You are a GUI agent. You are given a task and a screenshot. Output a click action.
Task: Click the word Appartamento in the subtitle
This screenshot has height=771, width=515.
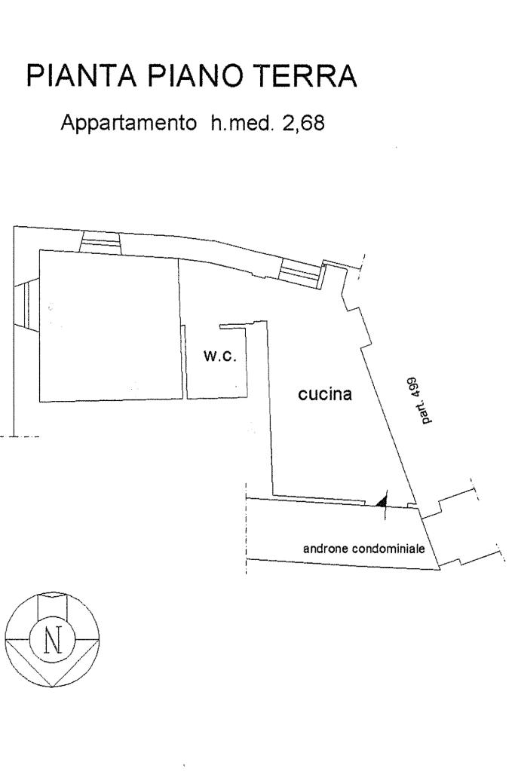[x=127, y=122]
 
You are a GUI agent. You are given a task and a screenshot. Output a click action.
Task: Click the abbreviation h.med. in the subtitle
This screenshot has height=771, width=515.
[x=236, y=122]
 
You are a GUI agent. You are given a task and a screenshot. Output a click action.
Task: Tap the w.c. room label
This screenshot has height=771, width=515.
[x=220, y=356]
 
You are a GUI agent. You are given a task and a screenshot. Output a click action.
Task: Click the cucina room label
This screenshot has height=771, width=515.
[x=325, y=393]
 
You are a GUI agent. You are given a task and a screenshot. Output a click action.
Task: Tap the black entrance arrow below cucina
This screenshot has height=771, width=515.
[x=382, y=499]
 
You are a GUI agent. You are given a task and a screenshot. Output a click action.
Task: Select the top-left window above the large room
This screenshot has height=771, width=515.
[x=100, y=242]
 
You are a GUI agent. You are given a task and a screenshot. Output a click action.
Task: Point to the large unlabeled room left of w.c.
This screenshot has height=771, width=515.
[x=109, y=324]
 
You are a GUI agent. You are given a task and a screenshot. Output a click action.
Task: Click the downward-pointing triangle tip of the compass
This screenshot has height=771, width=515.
[x=52, y=684]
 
